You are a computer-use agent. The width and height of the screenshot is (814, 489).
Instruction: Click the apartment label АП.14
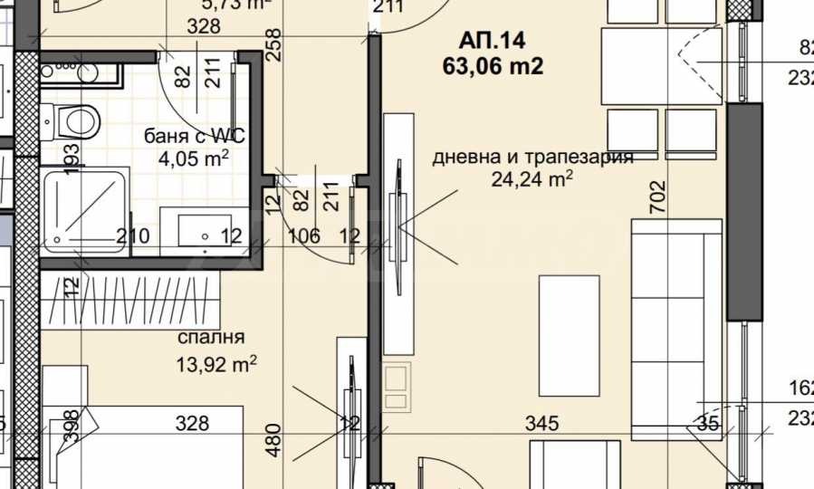493,40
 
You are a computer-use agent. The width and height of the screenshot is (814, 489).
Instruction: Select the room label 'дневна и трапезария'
532,157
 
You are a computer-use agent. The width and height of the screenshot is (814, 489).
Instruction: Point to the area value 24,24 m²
532,178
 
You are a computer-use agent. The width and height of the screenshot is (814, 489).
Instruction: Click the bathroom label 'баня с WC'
195,137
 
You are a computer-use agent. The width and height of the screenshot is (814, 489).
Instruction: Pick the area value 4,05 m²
193,159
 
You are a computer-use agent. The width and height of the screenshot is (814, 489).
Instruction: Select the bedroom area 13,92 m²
217,364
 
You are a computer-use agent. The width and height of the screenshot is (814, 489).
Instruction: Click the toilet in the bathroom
77,119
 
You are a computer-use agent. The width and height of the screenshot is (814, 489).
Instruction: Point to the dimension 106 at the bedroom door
303,237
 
